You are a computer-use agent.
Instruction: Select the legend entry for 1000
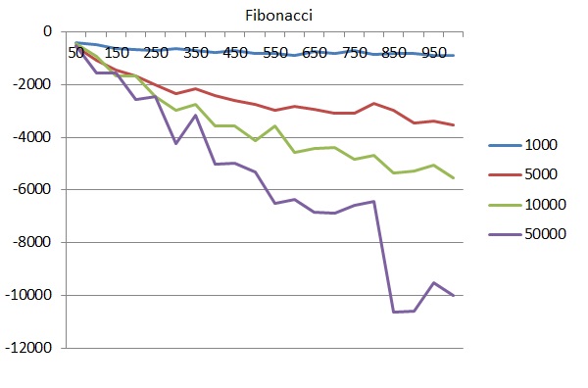tap(541, 145)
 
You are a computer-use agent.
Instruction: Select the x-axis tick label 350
tap(196, 52)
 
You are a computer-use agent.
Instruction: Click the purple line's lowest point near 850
tap(393, 312)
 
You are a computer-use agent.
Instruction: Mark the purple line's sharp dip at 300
tap(176, 144)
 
